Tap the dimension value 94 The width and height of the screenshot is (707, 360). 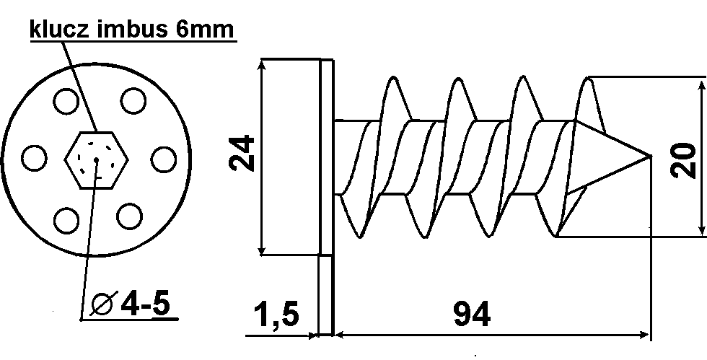point(472,315)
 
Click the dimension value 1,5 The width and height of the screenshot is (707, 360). point(276,314)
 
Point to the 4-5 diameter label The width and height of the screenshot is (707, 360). point(144,304)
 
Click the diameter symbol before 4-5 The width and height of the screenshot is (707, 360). point(104,305)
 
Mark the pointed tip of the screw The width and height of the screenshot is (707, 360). point(651,156)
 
